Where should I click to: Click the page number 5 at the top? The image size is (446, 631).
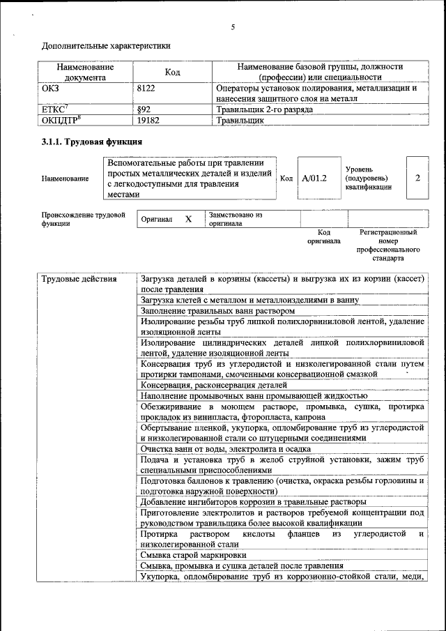pos(233,27)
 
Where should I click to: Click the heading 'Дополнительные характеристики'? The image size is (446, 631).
pos(106,46)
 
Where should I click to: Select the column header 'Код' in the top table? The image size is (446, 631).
pos(173,73)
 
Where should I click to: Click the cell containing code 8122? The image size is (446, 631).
pos(148,89)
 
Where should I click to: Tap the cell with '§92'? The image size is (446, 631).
pos(144,109)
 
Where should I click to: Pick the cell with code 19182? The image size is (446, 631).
pos(150,120)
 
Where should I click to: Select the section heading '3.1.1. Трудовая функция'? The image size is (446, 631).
pos(92,142)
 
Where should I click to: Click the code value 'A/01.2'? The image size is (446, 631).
pos(314,178)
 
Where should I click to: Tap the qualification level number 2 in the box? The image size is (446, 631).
pos(417,178)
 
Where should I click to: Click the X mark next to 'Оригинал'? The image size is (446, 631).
pos(188,219)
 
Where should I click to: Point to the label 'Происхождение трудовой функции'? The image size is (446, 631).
pos(82,220)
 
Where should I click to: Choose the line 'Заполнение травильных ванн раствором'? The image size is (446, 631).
pos(217,310)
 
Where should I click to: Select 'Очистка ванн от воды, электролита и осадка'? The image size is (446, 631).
pos(225,449)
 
